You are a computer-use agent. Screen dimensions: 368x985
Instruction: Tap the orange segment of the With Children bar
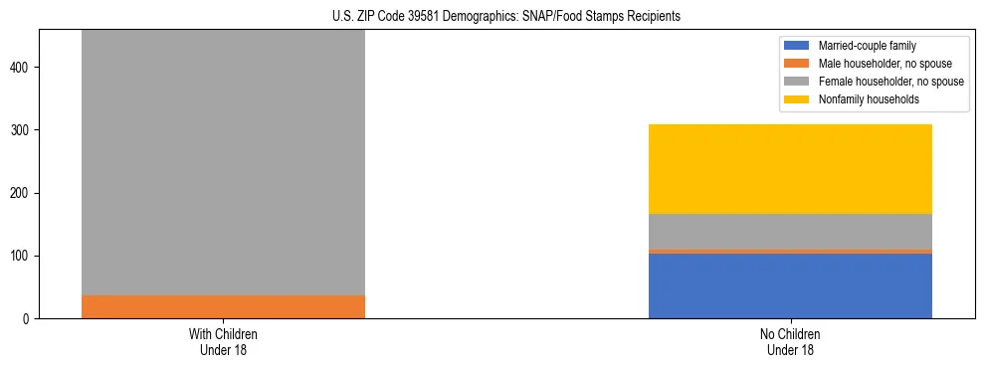tap(223, 306)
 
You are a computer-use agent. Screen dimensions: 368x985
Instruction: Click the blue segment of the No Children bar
tap(790, 285)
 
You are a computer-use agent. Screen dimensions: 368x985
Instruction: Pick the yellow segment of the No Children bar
tap(790, 169)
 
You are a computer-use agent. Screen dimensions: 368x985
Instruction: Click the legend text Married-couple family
tap(867, 46)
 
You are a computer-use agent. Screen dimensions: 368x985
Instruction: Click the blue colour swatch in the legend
tap(797, 46)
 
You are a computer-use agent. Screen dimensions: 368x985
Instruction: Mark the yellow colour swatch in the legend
tap(797, 99)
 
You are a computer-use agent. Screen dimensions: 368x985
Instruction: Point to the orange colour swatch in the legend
tap(797, 64)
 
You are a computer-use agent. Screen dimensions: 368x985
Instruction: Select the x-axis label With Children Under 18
tap(223, 341)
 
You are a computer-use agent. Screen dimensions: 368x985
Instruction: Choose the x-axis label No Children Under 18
tap(790, 341)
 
